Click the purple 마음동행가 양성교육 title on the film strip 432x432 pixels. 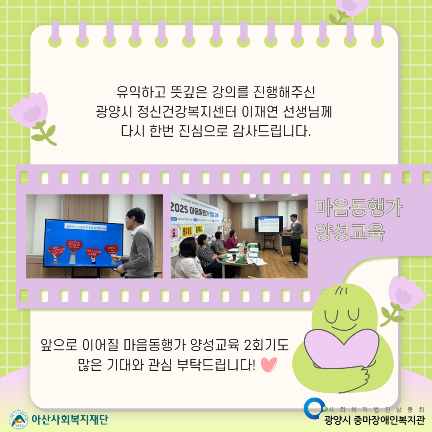359,220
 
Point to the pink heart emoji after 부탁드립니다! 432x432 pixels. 268,364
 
